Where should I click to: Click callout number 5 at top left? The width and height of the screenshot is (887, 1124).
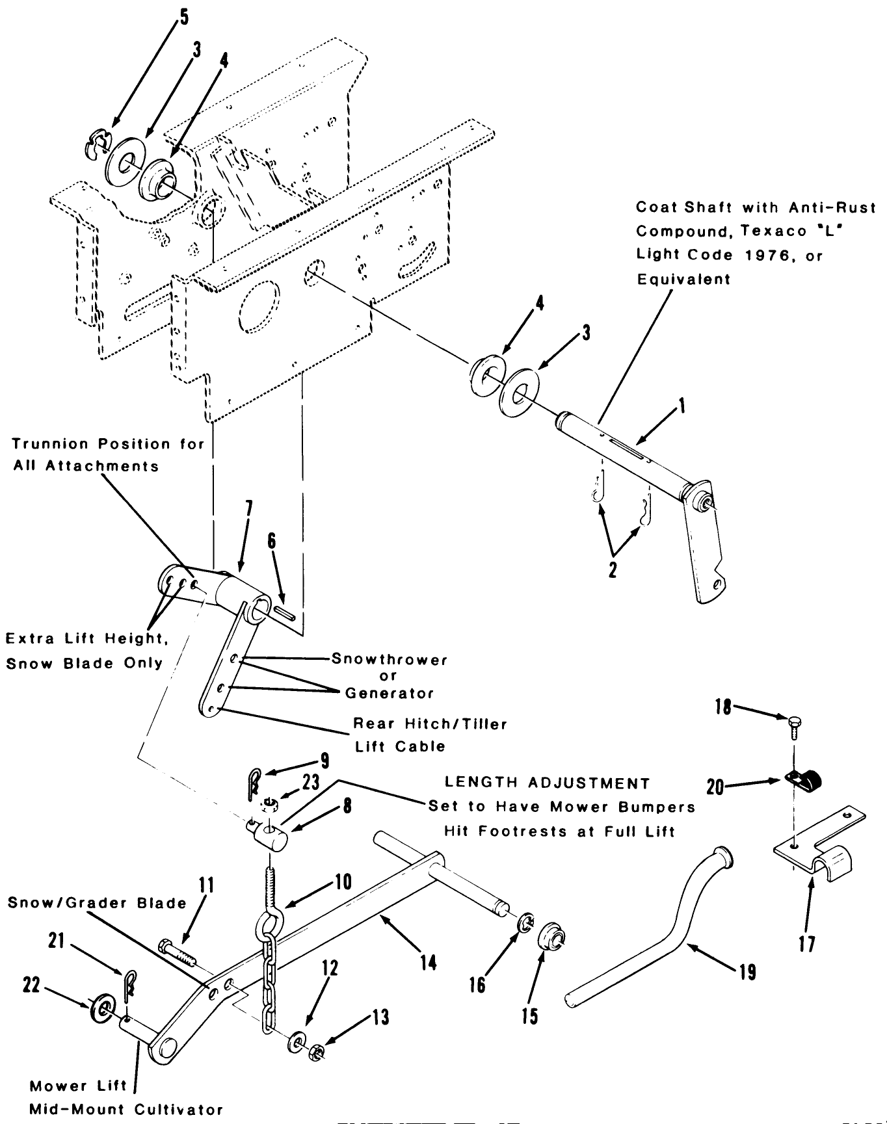[184, 16]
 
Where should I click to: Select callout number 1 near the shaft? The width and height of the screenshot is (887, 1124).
[680, 407]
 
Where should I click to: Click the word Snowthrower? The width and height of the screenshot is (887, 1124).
[389, 659]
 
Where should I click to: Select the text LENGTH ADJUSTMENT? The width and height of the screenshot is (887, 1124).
[546, 783]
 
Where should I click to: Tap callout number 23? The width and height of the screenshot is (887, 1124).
[311, 782]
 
